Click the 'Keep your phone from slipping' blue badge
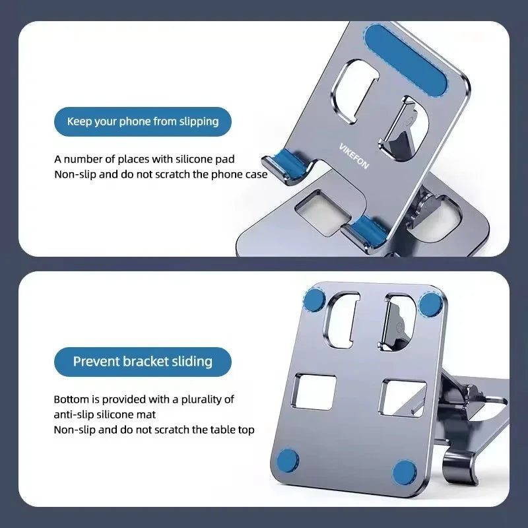pyautogui.click(x=143, y=121)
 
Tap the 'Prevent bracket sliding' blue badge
pyautogui.click(x=143, y=361)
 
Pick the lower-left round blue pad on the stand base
pyautogui.click(x=287, y=460)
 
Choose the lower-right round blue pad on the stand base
pyautogui.click(x=405, y=473)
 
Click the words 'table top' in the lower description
pyautogui.click(x=231, y=430)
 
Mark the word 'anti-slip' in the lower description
pyautogui.click(x=74, y=414)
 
